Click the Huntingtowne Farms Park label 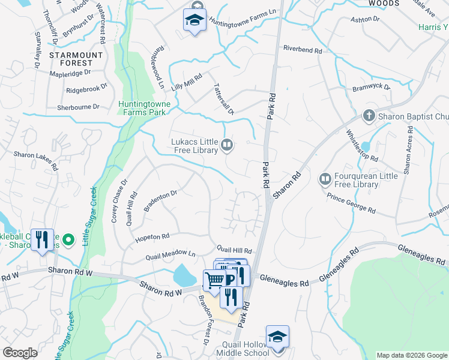point(145,108)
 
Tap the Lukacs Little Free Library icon point(227,145)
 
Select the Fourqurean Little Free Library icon point(325,179)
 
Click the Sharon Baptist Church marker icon point(369,115)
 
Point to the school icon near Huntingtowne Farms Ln point(194,20)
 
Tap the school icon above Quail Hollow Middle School point(278,337)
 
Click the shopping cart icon point(214,280)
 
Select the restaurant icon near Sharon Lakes point(41,239)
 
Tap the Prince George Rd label point(351,204)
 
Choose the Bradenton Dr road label point(160,202)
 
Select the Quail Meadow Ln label point(170,256)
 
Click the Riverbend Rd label point(302,50)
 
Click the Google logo point(20,353)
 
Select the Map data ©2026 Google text point(411,355)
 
